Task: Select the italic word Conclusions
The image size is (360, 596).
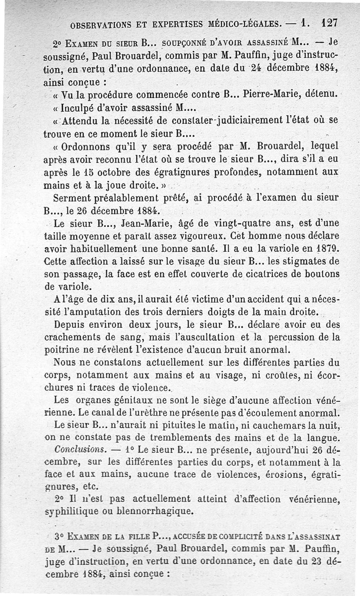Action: click(74, 450)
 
